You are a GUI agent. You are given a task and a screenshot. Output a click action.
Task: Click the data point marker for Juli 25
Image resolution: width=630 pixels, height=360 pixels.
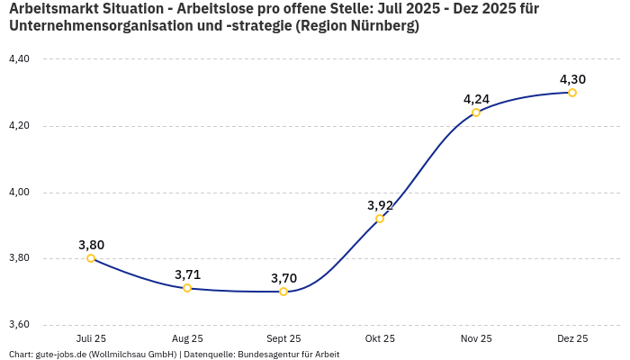pyautogui.click(x=91, y=258)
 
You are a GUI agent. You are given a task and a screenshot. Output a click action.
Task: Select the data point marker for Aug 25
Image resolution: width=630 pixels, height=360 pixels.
pyautogui.click(x=187, y=288)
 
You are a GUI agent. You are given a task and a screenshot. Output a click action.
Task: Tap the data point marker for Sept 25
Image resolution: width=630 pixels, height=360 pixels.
pyautogui.click(x=283, y=292)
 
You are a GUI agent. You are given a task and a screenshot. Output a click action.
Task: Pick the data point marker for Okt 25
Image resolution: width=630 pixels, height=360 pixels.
pyautogui.click(x=380, y=219)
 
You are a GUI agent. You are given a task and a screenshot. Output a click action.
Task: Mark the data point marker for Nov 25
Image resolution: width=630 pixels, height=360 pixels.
pyautogui.click(x=476, y=112)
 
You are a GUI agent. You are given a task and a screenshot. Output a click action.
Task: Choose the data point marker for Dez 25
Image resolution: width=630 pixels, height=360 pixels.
pyautogui.click(x=572, y=93)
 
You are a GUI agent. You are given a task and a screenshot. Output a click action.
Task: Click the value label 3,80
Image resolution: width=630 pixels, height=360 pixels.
pyautogui.click(x=91, y=245)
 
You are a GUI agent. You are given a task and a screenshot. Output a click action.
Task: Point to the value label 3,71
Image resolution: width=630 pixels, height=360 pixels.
pyautogui.click(x=187, y=274)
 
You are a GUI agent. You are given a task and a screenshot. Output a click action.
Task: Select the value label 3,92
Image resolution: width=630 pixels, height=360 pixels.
pyautogui.click(x=380, y=205)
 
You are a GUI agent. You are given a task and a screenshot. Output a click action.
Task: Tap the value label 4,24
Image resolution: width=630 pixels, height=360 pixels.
pyautogui.click(x=476, y=99)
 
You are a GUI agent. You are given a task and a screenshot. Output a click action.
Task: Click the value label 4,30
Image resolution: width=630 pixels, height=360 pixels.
pyautogui.click(x=572, y=79)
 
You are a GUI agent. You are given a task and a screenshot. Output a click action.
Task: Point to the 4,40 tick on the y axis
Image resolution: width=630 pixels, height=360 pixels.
pyautogui.click(x=19, y=59)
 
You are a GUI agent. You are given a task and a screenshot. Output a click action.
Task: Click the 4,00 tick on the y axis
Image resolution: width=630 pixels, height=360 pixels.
pyautogui.click(x=19, y=193)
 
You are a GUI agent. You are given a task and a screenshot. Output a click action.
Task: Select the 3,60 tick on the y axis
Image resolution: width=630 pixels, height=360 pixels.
pyautogui.click(x=19, y=325)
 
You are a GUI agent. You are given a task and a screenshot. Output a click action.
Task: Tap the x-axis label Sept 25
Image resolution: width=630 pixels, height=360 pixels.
pyautogui.click(x=283, y=339)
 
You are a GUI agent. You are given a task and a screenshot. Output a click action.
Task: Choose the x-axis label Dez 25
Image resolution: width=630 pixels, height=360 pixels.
pyautogui.click(x=572, y=339)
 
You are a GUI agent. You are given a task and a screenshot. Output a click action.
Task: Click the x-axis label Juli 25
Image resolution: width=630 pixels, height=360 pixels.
pyautogui.click(x=91, y=339)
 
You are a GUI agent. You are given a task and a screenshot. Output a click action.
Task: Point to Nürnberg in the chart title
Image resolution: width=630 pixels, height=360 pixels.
pyautogui.click(x=381, y=27)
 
